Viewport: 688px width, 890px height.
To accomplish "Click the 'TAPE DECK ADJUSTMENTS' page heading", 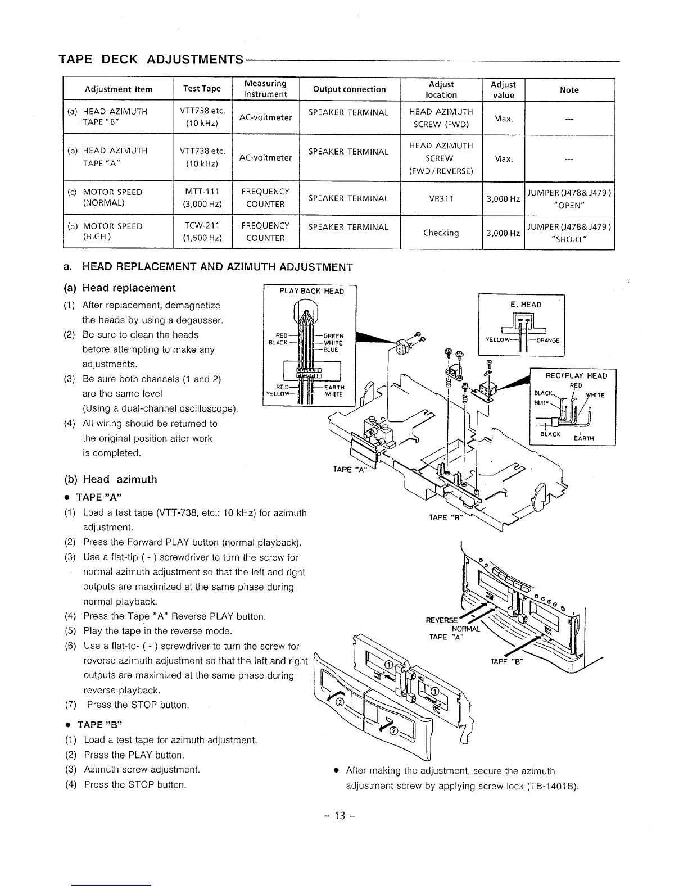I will (x=151, y=60).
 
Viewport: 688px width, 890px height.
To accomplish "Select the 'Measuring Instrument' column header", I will (x=265, y=89).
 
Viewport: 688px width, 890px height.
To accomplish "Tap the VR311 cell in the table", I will (x=441, y=198).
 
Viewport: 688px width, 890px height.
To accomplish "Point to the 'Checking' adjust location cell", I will (x=441, y=233).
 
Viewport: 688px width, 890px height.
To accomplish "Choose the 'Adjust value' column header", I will (x=503, y=89).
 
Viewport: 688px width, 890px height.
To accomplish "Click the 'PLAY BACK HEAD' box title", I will (x=311, y=291).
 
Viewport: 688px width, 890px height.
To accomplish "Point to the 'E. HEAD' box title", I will (x=526, y=305).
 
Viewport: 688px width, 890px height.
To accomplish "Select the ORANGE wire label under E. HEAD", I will (x=547, y=340).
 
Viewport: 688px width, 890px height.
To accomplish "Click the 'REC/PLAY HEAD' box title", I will (x=576, y=376).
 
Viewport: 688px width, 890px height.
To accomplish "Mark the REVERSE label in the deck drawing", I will (x=441, y=620).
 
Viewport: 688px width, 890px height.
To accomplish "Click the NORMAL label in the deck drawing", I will (x=466, y=629).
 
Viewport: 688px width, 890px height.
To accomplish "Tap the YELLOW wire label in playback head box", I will (x=277, y=393).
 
